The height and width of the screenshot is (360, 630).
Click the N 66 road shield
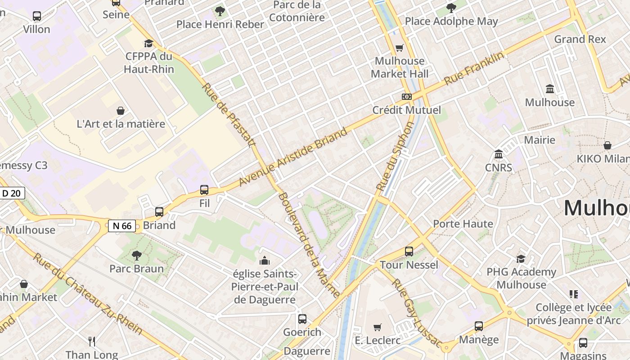coord(122,226)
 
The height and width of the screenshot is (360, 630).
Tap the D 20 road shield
coord(11,193)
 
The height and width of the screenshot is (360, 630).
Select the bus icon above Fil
coord(204,190)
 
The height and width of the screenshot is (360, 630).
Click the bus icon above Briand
coord(159,212)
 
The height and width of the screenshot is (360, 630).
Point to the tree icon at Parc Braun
coord(137,256)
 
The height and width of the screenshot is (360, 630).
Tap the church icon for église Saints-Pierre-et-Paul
coord(265,261)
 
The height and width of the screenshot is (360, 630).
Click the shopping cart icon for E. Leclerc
coord(378,327)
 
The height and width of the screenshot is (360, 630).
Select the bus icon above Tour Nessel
coord(409,252)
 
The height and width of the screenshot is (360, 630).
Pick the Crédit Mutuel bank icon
coord(407,97)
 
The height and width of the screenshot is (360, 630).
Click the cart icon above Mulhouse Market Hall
coord(399,48)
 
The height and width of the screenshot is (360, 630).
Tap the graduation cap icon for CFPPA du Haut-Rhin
coord(148,43)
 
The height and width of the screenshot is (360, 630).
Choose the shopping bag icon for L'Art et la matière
coord(121,111)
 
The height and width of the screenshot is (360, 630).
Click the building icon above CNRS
coord(499,155)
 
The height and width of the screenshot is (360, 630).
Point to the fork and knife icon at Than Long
coord(92,342)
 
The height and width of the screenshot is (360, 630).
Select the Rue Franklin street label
coord(473,69)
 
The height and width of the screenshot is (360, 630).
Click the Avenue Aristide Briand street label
coord(293,157)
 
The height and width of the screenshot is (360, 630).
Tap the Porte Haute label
coord(463,224)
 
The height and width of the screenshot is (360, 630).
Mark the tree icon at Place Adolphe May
coord(451,8)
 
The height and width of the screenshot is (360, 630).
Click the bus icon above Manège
coord(479,326)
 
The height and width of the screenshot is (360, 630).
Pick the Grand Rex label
coord(580,39)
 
